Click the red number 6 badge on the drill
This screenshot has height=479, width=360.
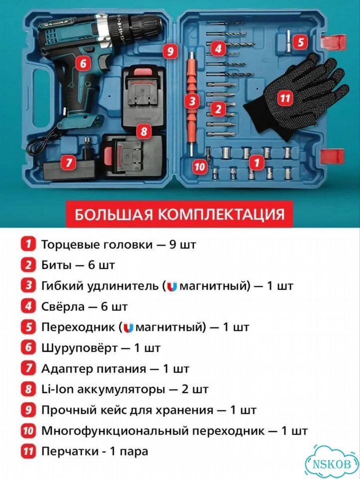pos(83,63)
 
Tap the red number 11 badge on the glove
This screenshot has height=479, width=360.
pos(285,98)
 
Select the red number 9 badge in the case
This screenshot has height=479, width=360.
pos(170,51)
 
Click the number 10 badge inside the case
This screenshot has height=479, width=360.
pos(199,167)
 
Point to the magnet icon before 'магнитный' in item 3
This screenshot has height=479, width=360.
pos(172,286)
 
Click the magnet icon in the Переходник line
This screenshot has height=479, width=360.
pos(128,328)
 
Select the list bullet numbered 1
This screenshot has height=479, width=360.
pos(28,244)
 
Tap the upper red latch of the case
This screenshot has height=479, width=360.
pos(334,41)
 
